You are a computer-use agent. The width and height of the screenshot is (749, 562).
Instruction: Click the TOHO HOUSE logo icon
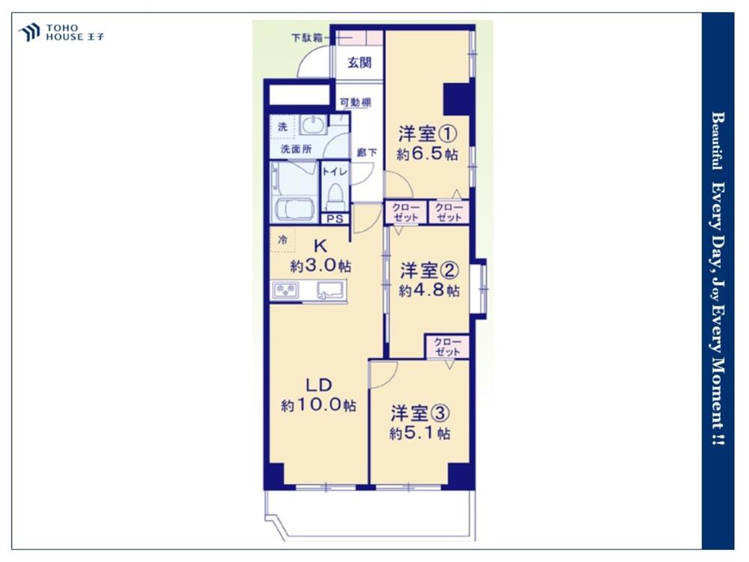[28, 32]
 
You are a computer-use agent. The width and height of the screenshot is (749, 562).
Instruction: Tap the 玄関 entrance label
[360, 63]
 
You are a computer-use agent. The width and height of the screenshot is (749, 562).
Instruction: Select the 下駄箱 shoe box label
[306, 37]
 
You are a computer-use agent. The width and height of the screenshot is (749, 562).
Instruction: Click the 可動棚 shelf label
[355, 102]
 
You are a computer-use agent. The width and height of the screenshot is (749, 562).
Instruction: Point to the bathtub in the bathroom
[292, 210]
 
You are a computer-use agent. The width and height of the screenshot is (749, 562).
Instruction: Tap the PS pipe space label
[336, 219]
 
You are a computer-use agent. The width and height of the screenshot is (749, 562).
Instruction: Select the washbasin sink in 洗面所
[313, 125]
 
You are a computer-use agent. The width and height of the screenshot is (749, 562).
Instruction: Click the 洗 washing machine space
[283, 127]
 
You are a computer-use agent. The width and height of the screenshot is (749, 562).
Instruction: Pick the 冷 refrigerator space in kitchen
[282, 240]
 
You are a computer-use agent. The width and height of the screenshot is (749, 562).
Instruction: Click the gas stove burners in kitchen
[285, 291]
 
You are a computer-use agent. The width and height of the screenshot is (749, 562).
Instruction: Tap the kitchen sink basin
[330, 290]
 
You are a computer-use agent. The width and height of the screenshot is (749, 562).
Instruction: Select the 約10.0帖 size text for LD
[318, 405]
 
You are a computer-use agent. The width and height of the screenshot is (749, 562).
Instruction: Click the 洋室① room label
[428, 134]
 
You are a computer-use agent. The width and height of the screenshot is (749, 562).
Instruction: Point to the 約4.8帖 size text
[429, 290]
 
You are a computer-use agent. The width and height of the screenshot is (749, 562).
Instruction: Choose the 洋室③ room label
[420, 414]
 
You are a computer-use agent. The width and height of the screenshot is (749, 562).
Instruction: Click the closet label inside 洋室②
[448, 347]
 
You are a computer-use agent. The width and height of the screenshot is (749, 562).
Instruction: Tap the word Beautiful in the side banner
[718, 141]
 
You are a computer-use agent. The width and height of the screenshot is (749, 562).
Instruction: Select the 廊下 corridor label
[367, 153]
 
